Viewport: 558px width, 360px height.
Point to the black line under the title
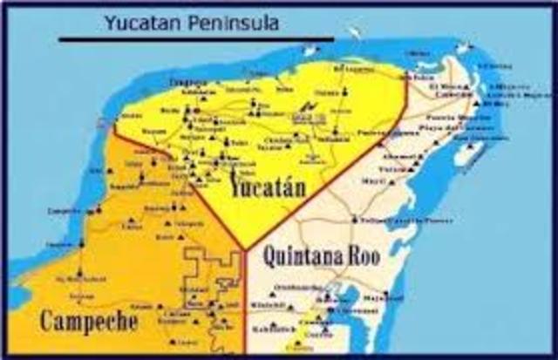(x=195, y=39)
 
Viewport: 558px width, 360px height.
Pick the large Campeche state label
(x=88, y=321)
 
